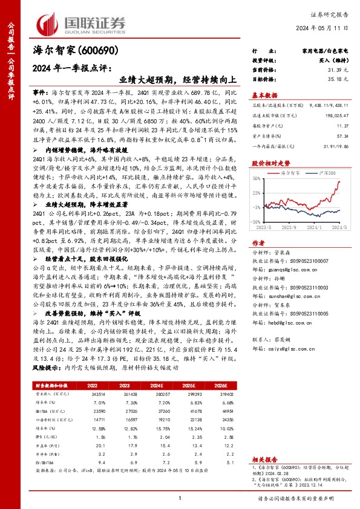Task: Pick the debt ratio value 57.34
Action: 343,136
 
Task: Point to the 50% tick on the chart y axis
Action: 257,178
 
